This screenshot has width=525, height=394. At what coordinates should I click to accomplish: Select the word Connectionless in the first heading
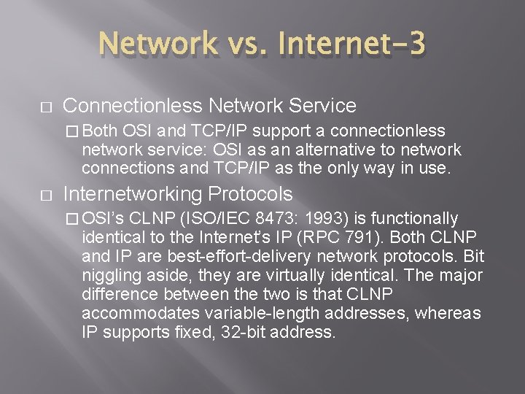[132, 107]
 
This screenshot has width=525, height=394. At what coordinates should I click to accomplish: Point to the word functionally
[415, 219]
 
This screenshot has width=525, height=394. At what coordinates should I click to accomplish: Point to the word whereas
[450, 314]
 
